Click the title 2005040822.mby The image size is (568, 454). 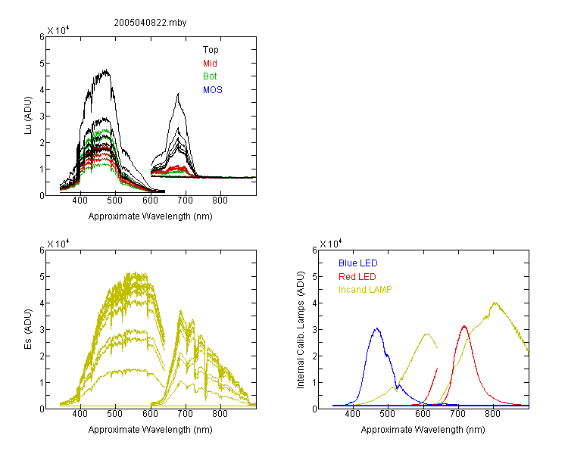[x=151, y=23]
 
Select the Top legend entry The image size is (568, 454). [x=211, y=50]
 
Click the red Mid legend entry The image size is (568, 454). [x=210, y=64]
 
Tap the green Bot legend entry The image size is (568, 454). [x=210, y=76]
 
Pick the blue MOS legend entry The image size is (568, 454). [x=213, y=90]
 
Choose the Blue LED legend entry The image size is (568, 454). [x=358, y=263]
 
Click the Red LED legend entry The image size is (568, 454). [x=357, y=277]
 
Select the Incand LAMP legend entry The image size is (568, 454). [x=365, y=290]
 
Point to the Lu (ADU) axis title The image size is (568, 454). [x=28, y=116]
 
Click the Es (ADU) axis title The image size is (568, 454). [x=28, y=329]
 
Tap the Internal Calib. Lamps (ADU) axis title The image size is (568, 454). [x=301, y=330]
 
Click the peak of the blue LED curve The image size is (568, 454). [x=377, y=328]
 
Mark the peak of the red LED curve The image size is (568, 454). [x=464, y=326]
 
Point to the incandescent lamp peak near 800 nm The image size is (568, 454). [x=495, y=303]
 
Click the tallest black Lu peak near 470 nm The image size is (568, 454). [x=106, y=70]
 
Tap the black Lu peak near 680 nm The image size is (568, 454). [x=178, y=94]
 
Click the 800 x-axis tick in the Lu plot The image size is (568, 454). [x=220, y=201]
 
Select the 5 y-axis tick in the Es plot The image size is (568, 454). [x=42, y=277]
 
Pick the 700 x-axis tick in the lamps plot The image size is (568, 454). [x=458, y=413]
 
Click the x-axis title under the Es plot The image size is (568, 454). [x=151, y=430]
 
